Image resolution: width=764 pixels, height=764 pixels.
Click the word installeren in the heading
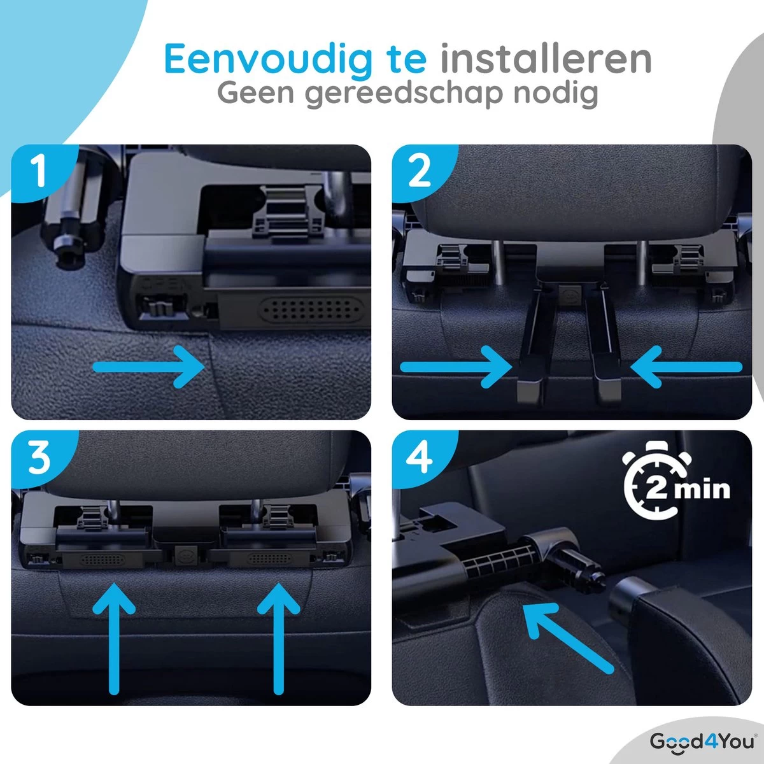(x=546, y=59)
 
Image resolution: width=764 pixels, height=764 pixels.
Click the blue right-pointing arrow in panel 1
(x=150, y=366)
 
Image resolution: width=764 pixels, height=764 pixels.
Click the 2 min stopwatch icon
(x=675, y=487)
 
